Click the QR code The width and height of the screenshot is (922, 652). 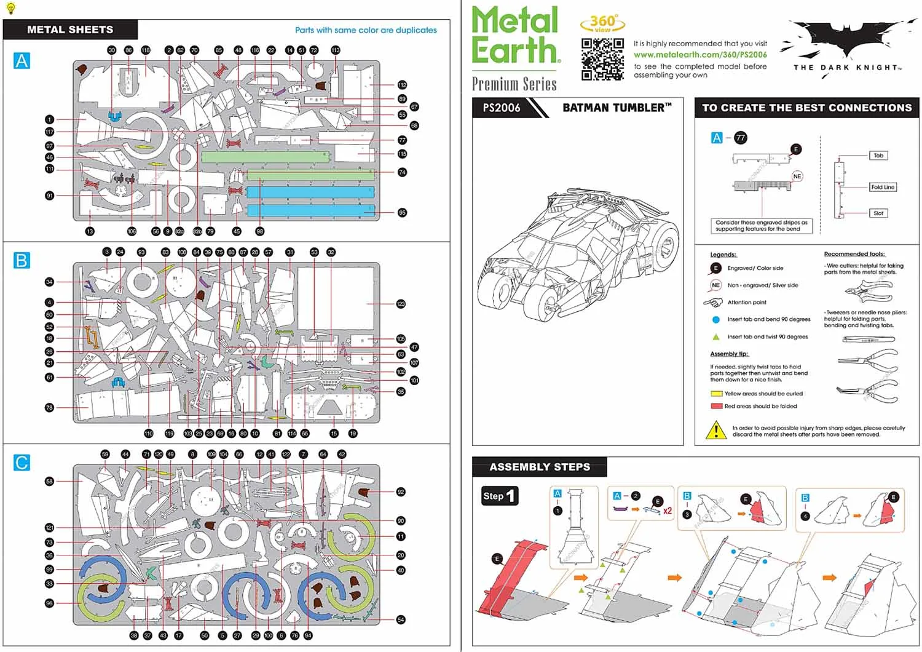pyautogui.click(x=602, y=59)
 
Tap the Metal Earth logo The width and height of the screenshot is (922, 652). pyautogui.click(x=515, y=35)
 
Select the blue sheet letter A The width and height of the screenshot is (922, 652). pyautogui.click(x=22, y=61)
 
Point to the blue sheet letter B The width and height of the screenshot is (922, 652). pyautogui.click(x=22, y=260)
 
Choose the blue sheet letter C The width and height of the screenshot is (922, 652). pyautogui.click(x=22, y=463)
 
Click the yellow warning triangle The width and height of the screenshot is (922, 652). pyautogui.click(x=715, y=430)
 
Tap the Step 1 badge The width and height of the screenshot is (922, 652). pyautogui.click(x=499, y=496)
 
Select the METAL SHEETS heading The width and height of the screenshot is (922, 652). pyautogui.click(x=70, y=30)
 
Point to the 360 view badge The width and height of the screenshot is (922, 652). pyautogui.click(x=602, y=23)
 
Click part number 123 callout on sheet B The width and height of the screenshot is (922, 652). pyautogui.click(x=401, y=304)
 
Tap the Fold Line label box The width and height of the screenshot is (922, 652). pyautogui.click(x=882, y=187)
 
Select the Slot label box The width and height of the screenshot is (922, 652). pyautogui.click(x=878, y=213)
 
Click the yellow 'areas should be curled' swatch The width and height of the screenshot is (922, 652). pyautogui.click(x=716, y=394)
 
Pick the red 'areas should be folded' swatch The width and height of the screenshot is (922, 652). pyautogui.click(x=716, y=406)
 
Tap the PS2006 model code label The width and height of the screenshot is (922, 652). pyautogui.click(x=502, y=108)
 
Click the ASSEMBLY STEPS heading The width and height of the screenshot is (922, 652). pyautogui.click(x=540, y=467)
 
